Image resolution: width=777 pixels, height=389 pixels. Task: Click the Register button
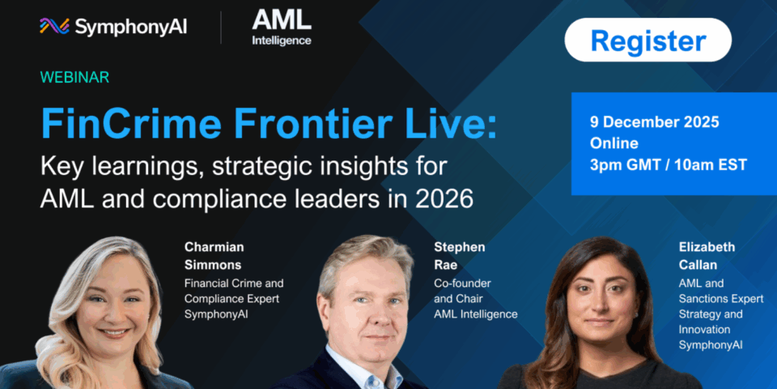647,40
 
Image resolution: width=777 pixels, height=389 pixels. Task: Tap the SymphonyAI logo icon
54,26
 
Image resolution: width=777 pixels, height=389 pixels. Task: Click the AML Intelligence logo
282,28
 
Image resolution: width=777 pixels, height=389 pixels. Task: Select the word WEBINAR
74,78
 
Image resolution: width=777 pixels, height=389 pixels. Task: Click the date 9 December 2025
654,122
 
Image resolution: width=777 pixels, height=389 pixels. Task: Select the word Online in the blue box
614,143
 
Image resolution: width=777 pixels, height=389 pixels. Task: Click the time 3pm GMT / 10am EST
668,165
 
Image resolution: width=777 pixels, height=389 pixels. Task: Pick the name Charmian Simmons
214,255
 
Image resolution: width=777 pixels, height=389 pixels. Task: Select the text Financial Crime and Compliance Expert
234,291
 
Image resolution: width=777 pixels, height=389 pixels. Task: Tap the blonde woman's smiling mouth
113,333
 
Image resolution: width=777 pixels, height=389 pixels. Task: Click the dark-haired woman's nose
601,309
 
